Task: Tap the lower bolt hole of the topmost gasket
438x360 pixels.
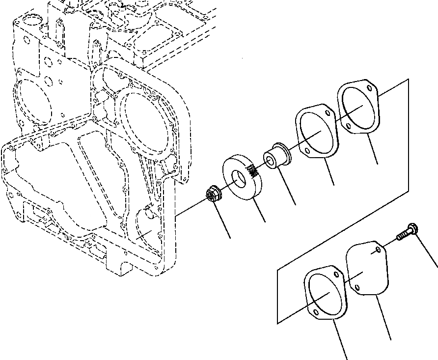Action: [348, 127]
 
